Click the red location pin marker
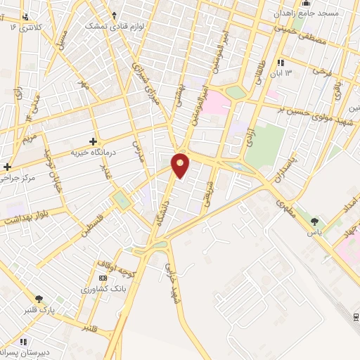point(181,165)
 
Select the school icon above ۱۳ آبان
point(282,63)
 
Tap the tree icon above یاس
point(314,221)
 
